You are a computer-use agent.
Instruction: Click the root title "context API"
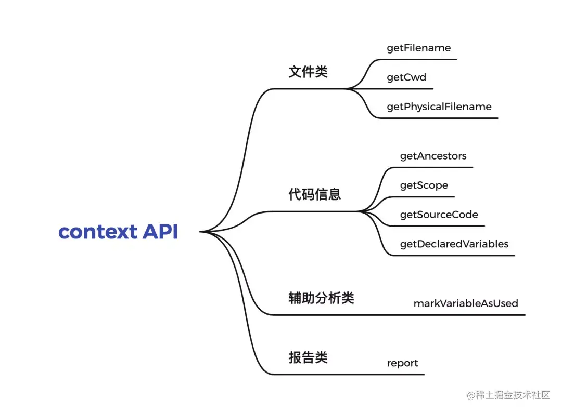(118, 232)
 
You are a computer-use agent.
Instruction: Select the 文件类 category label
(308, 72)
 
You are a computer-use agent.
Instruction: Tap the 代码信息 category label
(315, 194)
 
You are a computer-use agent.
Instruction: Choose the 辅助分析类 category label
(321, 298)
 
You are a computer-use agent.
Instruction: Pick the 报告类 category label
(308, 357)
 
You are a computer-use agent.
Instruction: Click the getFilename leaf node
(418, 48)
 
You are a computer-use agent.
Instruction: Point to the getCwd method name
(406, 77)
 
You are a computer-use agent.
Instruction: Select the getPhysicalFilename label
(439, 107)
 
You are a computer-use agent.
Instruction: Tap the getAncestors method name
(433, 156)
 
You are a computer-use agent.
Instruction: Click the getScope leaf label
(424, 185)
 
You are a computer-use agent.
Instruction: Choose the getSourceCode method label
(439, 215)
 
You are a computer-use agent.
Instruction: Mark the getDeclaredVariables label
(454, 244)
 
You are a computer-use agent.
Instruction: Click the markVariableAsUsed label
(466, 303)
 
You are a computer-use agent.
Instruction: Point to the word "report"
(402, 363)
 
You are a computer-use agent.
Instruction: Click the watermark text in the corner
(508, 395)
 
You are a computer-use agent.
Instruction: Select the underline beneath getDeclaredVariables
(452, 255)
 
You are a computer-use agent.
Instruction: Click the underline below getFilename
(418, 59)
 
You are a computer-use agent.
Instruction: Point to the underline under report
(347, 375)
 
